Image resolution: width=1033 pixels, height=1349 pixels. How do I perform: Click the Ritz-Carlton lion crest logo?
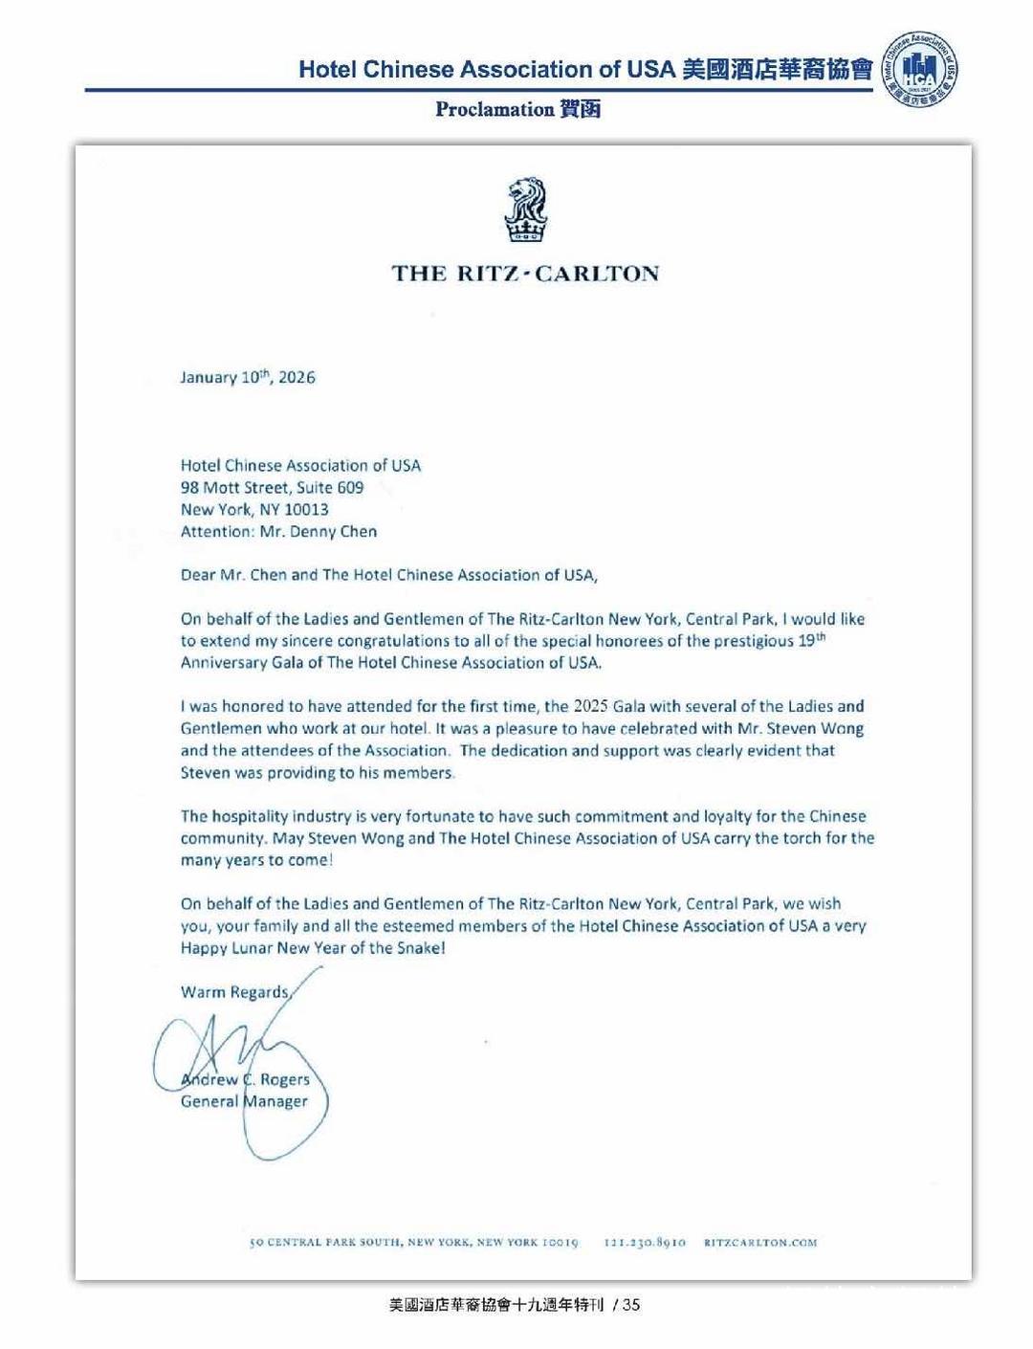point(525,210)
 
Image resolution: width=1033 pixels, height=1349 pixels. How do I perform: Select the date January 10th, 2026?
point(248,377)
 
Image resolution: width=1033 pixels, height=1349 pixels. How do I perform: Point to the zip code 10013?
point(306,509)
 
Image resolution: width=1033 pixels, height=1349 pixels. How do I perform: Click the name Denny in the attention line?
point(306,531)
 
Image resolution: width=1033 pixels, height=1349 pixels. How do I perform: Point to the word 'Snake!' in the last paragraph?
point(422,948)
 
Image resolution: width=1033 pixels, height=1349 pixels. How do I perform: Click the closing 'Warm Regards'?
point(234,991)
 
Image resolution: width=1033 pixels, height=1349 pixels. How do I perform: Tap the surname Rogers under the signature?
point(285,1079)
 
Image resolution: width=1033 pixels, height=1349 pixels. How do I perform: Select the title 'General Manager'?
point(244,1101)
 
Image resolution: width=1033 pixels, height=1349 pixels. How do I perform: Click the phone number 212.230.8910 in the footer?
point(645,1243)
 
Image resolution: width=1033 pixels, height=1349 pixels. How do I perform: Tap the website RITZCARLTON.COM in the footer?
point(760,1243)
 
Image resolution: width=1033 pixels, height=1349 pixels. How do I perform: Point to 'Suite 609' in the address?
point(330,487)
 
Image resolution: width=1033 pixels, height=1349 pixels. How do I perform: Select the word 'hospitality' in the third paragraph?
point(250,816)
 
